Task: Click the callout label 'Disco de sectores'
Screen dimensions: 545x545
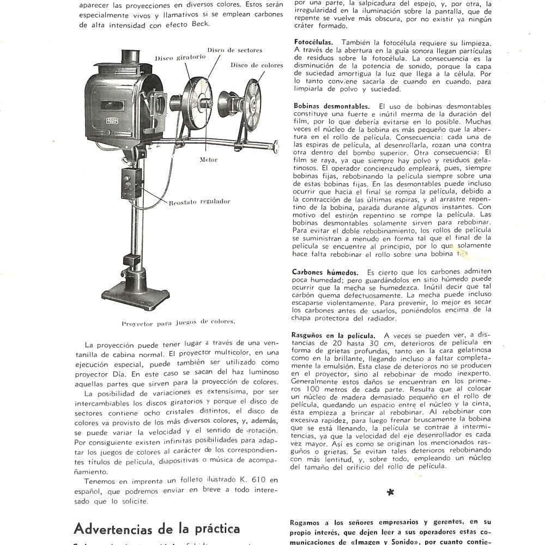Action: pyautogui.click(x=235, y=50)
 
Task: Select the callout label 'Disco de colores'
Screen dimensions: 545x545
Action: pyautogui.click(x=257, y=65)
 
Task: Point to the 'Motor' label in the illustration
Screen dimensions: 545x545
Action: pyautogui.click(x=209, y=160)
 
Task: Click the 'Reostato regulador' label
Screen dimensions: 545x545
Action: pyautogui.click(x=199, y=202)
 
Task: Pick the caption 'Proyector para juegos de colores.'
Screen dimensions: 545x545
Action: pyautogui.click(x=178, y=322)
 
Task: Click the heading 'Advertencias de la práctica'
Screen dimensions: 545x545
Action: pyautogui.click(x=156, y=528)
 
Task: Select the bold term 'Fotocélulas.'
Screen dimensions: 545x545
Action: pyautogui.click(x=313, y=43)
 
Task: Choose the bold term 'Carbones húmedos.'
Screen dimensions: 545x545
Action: pyautogui.click(x=325, y=271)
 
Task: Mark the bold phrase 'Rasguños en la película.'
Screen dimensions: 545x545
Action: pyautogui.click(x=334, y=335)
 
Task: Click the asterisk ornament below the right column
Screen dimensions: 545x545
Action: pyautogui.click(x=390, y=493)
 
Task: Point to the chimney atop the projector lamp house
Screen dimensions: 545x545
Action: pyautogui.click(x=130, y=57)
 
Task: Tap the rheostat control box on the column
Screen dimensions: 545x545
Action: pyautogui.click(x=131, y=184)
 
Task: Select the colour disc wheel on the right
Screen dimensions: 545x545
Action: pyautogui.click(x=252, y=105)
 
